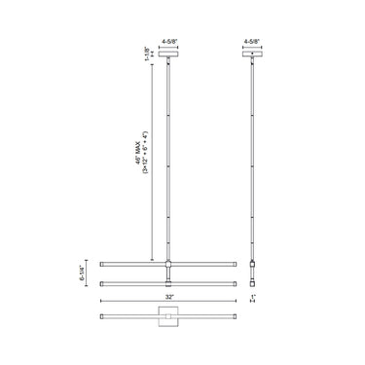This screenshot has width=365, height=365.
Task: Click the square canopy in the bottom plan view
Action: pos(168,318)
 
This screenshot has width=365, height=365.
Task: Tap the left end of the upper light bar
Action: pos(102,264)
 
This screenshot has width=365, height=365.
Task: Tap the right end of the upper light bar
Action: pos(235,264)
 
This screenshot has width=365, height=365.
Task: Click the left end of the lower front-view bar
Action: pos(102,282)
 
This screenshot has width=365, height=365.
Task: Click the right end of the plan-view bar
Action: pos(235,318)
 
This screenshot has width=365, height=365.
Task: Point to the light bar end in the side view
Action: pos(254,265)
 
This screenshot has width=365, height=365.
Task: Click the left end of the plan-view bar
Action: pos(102,318)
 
